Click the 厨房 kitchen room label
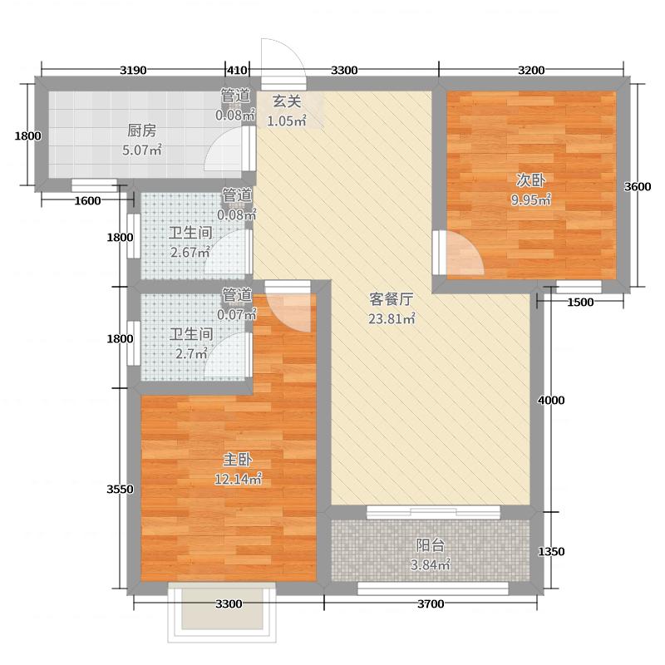(x=141, y=131)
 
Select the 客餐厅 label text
(x=392, y=299)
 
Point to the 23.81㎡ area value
(x=392, y=318)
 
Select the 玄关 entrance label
(x=287, y=102)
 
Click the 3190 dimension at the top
(x=133, y=70)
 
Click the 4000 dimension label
(x=551, y=401)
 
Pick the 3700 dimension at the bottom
(x=430, y=603)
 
